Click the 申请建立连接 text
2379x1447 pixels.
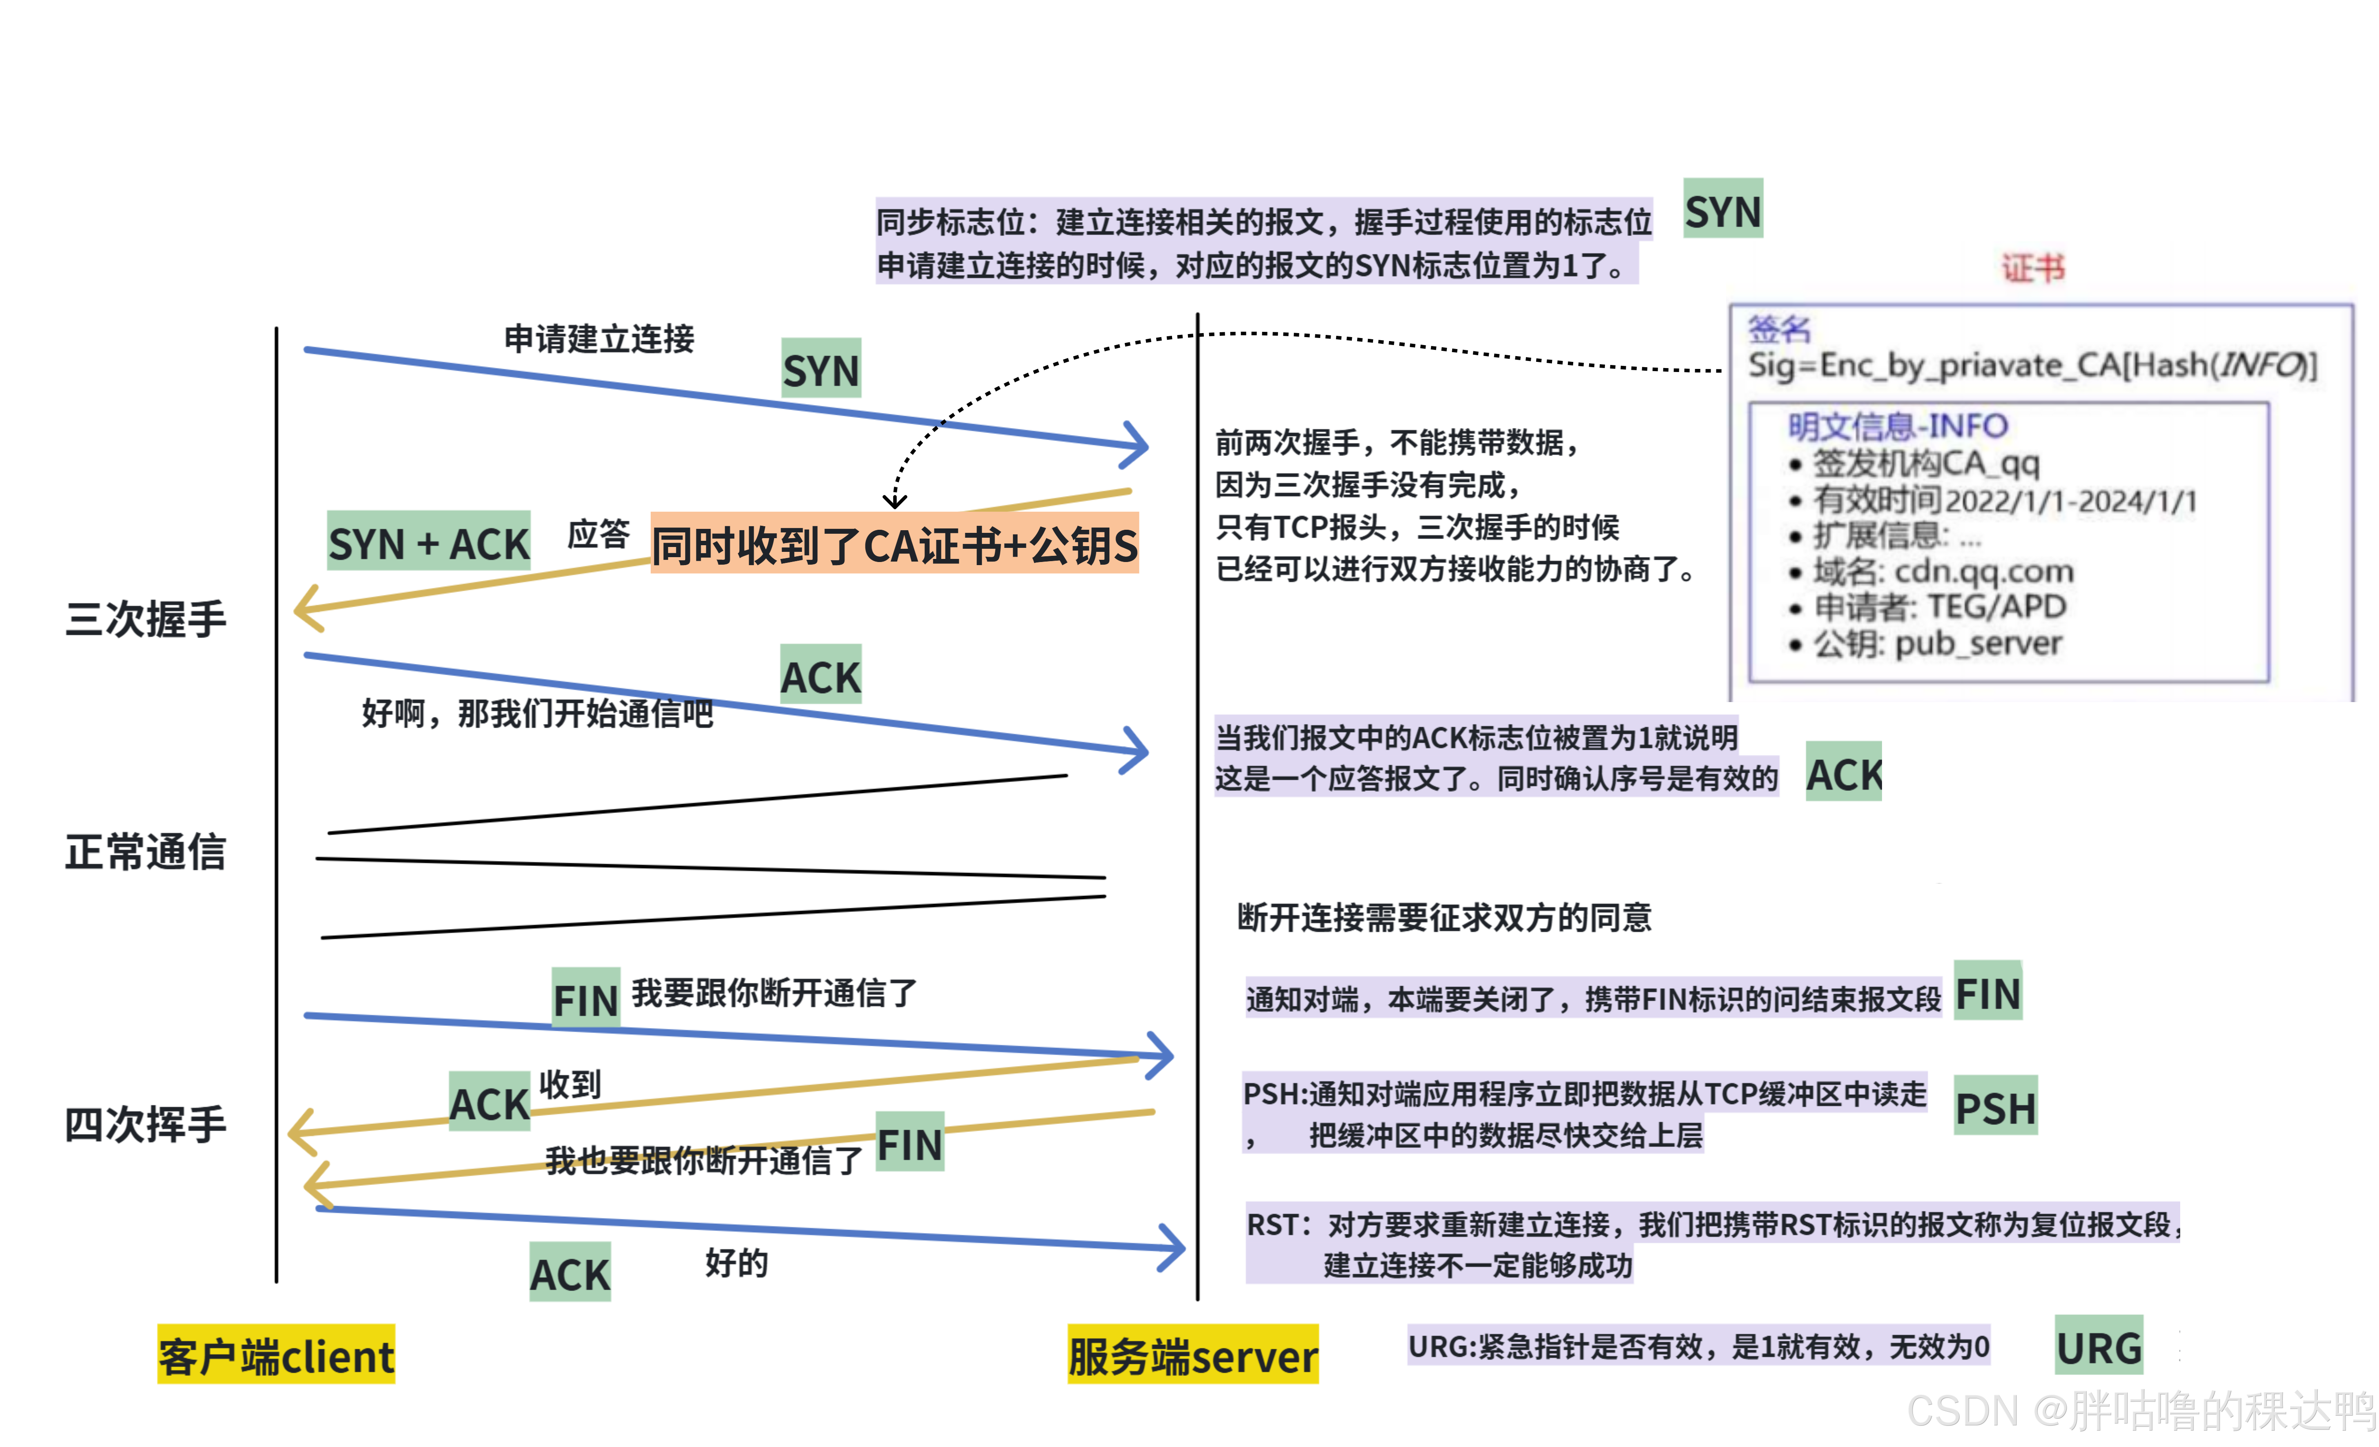(599, 339)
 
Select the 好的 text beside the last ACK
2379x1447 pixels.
(736, 1262)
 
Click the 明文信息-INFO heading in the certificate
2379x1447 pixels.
(1897, 425)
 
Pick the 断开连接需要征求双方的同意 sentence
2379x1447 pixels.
(1443, 917)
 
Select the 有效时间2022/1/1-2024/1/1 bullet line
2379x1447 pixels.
(2003, 500)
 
